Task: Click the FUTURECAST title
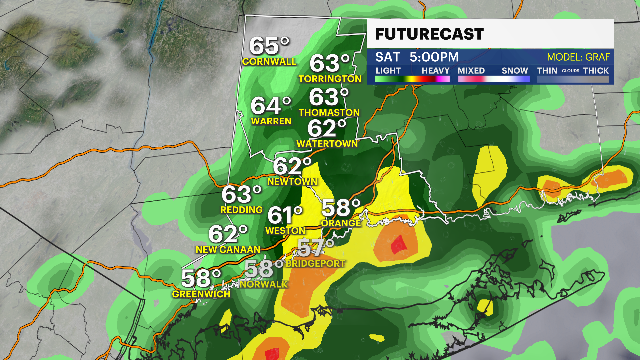[x=429, y=34]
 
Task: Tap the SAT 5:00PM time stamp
[x=417, y=57]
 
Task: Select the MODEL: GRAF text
[x=578, y=57]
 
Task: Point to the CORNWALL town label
[x=269, y=62]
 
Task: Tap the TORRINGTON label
[x=330, y=79]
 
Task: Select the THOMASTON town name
[x=329, y=113]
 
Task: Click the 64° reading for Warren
[x=271, y=106]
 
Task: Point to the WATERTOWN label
[x=327, y=144]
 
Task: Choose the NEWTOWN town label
[x=292, y=182]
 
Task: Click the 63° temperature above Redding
[x=241, y=194]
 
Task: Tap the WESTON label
[x=285, y=231]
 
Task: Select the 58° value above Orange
[x=341, y=208]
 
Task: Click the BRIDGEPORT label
[x=315, y=264]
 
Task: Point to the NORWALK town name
[x=263, y=284]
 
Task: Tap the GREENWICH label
[x=201, y=294]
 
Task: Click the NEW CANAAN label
[x=228, y=250]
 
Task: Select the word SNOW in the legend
[x=514, y=71]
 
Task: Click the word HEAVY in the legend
[x=435, y=71]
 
